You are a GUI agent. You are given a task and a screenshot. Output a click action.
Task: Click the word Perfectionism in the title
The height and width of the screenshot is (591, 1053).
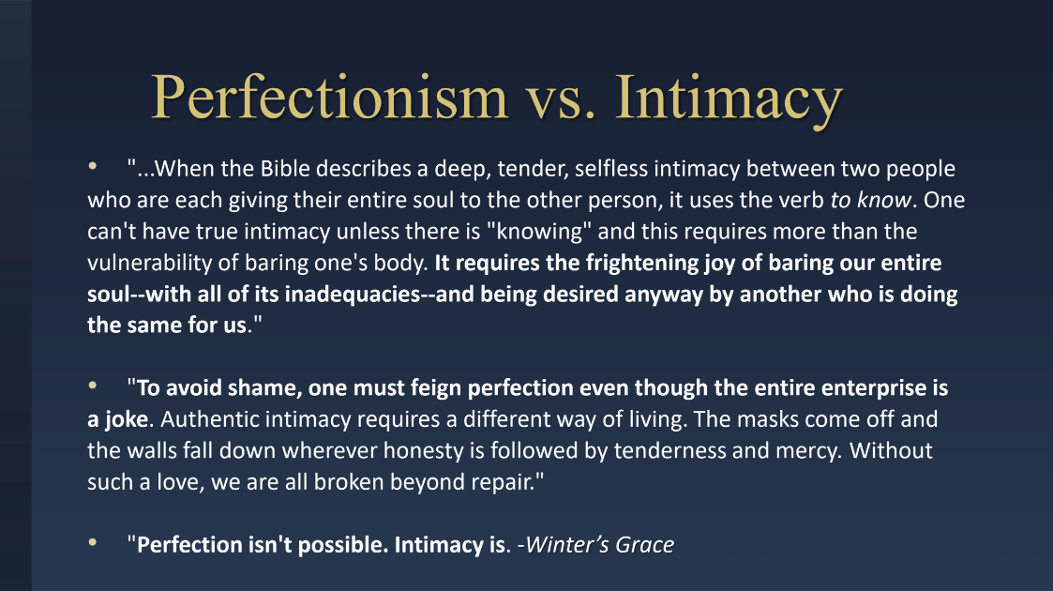[x=330, y=98]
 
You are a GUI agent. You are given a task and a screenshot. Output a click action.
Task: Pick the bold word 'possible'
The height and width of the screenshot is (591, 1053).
[x=342, y=545]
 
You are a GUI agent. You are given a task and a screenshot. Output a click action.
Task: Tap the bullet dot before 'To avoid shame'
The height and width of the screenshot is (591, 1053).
[x=93, y=386]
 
